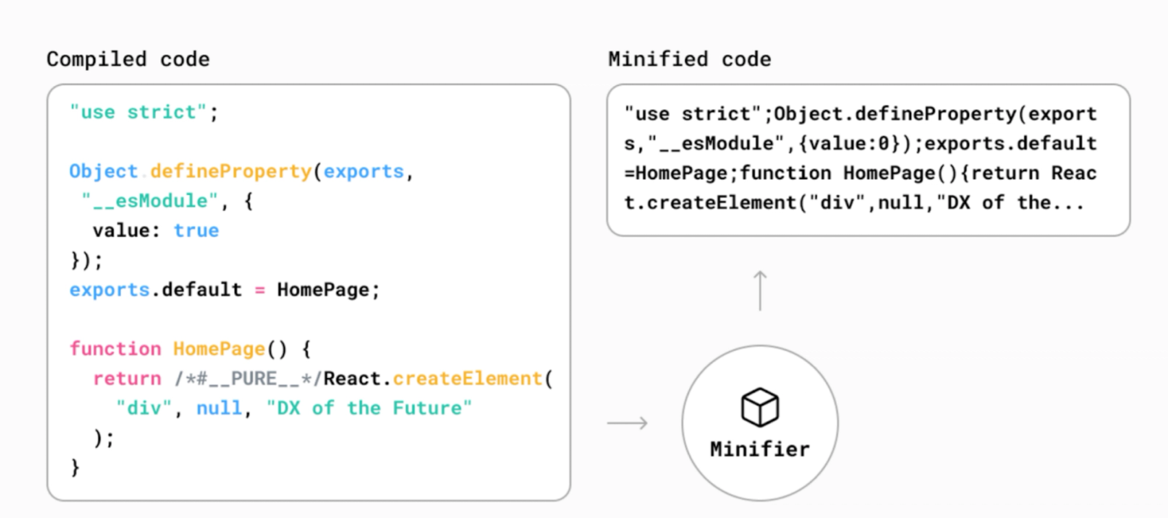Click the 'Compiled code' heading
click(x=128, y=59)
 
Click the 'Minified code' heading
click(x=689, y=59)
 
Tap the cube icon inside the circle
click(x=760, y=407)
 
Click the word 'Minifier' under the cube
click(x=760, y=449)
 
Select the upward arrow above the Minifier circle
click(x=760, y=290)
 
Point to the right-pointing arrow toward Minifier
click(x=628, y=423)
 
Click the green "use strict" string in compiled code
click(x=138, y=112)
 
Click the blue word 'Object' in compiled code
click(x=103, y=171)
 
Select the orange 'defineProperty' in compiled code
click(x=231, y=171)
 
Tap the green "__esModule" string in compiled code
click(x=150, y=201)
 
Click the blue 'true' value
click(x=196, y=230)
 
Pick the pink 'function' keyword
click(x=115, y=348)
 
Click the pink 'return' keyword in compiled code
click(x=127, y=378)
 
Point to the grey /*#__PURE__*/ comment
click(x=248, y=378)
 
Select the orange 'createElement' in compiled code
click(x=468, y=378)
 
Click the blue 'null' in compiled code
click(x=219, y=408)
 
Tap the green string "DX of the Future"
click(x=369, y=408)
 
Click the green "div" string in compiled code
click(x=144, y=408)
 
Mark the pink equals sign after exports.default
click(x=260, y=290)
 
